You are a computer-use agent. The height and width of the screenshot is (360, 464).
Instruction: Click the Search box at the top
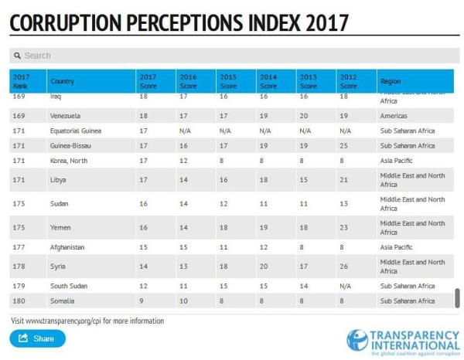(232, 56)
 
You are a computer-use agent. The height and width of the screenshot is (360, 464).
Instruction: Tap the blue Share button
(37, 338)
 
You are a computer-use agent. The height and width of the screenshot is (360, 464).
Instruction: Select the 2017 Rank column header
(21, 80)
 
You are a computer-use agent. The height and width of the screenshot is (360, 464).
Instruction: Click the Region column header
(391, 80)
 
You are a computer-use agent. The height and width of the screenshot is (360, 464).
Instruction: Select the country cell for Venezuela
(66, 116)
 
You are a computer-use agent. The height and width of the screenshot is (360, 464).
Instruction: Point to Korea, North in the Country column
(70, 160)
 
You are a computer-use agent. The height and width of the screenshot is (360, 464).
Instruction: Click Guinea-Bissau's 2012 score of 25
(343, 145)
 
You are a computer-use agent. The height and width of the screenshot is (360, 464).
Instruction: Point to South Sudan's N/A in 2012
(345, 287)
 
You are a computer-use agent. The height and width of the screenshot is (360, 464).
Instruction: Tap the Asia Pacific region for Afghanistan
(400, 247)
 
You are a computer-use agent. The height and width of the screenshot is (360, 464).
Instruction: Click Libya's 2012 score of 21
(343, 180)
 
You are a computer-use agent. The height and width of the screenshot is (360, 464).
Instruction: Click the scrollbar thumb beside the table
(457, 298)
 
